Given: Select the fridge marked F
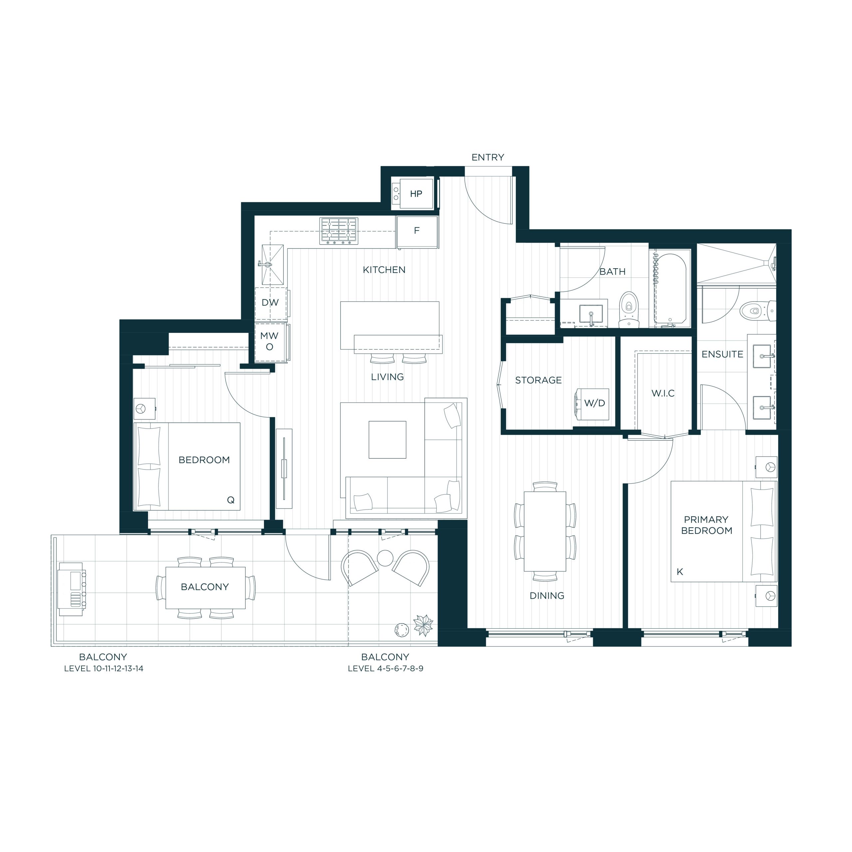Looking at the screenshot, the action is (417, 232).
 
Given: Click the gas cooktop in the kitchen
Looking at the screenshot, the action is (339, 231).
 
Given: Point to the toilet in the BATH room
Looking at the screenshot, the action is (629, 309).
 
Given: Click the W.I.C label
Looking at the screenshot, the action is (663, 393).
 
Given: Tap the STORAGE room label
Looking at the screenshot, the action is (538, 380).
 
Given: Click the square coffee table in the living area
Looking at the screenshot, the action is (387, 440).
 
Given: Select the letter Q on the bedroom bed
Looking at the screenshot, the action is (231, 500).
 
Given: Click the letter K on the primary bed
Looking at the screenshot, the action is (680, 572).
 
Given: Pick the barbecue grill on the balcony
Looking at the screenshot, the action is (72, 589).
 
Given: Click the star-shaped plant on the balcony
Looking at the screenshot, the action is (423, 625).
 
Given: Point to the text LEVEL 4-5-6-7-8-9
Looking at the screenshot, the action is (385, 669).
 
